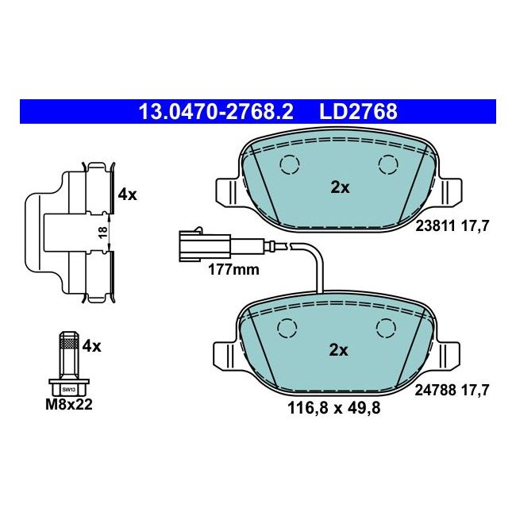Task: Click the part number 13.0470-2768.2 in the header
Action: coord(216,112)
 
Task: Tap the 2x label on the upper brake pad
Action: coord(340,188)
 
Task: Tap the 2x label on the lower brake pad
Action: coord(340,350)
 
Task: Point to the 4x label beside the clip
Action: coord(127,194)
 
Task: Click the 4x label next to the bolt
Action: coord(92,345)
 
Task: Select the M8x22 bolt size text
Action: coord(70,406)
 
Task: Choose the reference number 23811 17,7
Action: coord(452,225)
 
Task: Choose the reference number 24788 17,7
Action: coord(452,389)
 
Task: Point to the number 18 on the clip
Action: coord(101,231)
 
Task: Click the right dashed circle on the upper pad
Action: coord(388,164)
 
